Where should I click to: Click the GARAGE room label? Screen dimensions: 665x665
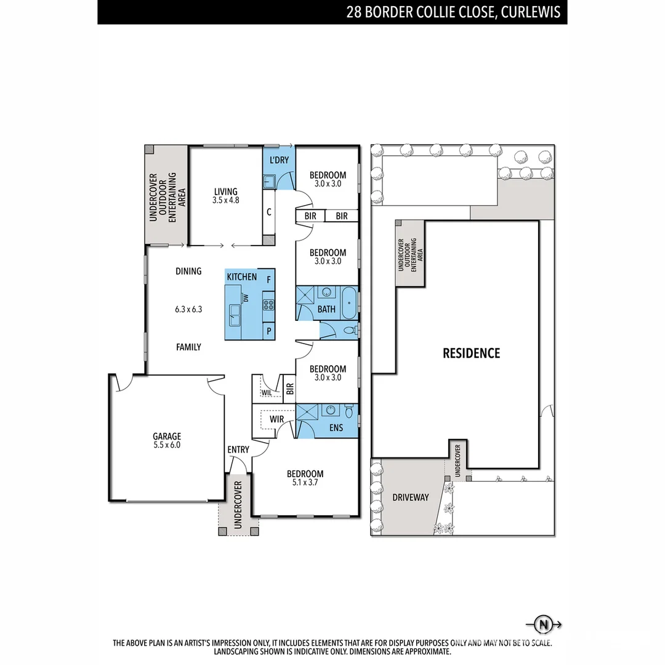(167, 437)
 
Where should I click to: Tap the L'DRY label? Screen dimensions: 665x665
(279, 160)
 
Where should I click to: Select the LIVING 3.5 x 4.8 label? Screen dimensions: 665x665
(225, 196)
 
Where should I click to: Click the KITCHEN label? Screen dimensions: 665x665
(241, 277)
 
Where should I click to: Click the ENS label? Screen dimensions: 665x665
(336, 427)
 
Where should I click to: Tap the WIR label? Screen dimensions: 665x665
(277, 419)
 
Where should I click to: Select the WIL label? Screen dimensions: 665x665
(267, 392)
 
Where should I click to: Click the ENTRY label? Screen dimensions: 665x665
(238, 449)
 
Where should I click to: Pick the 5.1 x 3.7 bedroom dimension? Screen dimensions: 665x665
(305, 483)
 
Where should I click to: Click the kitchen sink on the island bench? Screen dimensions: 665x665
(235, 315)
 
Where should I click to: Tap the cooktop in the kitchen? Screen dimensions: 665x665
(268, 304)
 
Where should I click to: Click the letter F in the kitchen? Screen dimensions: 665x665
(268, 279)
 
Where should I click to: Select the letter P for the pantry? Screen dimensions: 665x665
(268, 331)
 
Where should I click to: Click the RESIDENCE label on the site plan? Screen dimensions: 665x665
(471, 353)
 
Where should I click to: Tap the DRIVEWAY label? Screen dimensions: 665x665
(410, 497)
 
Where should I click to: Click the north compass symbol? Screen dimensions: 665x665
(543, 624)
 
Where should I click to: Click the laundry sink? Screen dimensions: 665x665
(270, 181)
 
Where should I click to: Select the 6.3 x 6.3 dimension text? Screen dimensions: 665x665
(188, 310)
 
